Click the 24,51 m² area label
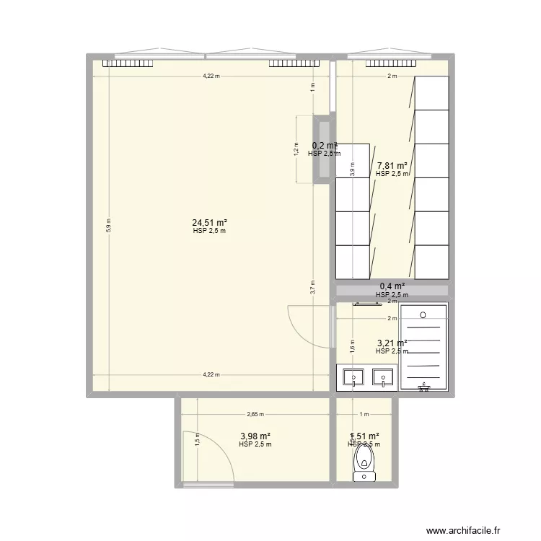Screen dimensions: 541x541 click(209, 223)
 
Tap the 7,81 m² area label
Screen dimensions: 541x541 click(392, 165)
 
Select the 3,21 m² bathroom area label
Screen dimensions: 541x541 click(392, 343)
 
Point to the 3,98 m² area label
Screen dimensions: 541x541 click(255, 436)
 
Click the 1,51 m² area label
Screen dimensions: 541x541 click(364, 436)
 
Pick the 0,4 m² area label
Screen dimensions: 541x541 click(392, 286)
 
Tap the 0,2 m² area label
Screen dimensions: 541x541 click(324, 145)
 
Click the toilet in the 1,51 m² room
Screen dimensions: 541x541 click(364, 462)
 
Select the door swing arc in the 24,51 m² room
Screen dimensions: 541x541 click(307, 325)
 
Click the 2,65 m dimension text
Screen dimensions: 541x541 click(255, 415)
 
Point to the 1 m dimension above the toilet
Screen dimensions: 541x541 click(364, 415)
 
